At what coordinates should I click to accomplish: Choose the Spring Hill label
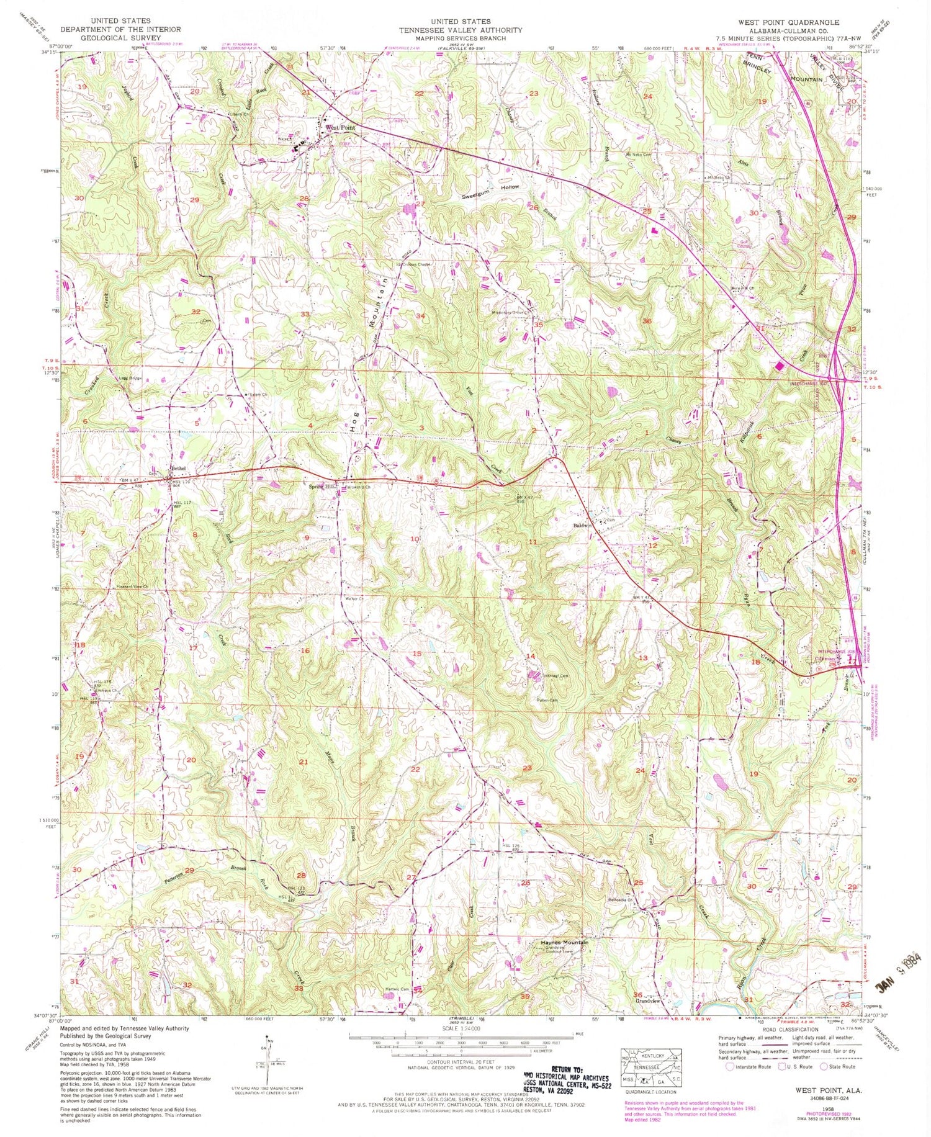coord(323,487)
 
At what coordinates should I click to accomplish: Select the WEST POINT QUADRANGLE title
coord(788,22)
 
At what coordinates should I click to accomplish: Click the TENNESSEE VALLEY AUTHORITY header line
coord(460,30)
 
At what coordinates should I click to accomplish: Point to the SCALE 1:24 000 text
coord(460,1027)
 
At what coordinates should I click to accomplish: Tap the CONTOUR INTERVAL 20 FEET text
coord(460,1062)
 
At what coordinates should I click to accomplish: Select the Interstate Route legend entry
coord(745,1067)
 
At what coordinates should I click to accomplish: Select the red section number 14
coord(530,656)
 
